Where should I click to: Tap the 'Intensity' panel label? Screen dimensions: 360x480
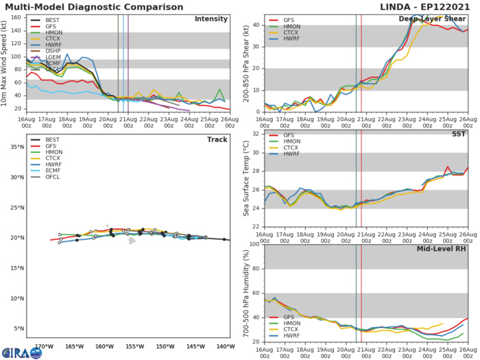[x=211, y=19]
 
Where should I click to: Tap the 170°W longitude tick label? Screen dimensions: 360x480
[x=45, y=346]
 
